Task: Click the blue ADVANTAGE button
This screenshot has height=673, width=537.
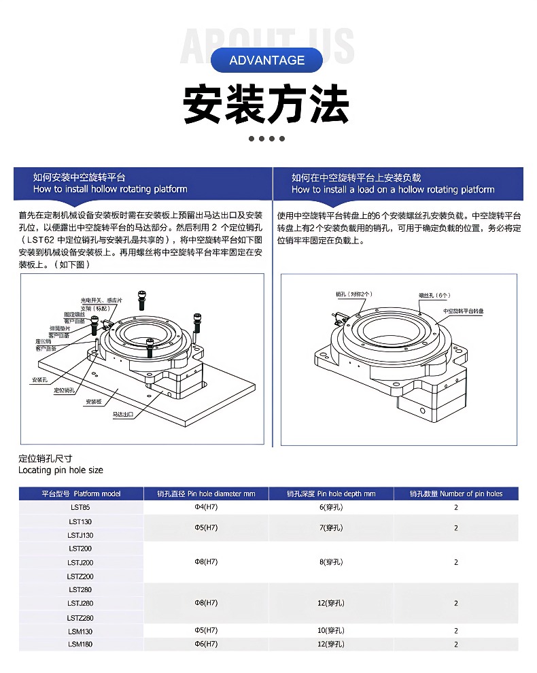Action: [266, 60]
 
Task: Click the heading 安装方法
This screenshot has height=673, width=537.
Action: [266, 105]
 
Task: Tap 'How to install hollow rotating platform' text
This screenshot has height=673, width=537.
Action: [110, 190]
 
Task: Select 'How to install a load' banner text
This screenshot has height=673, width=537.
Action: [393, 190]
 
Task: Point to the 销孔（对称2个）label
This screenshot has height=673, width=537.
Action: [354, 294]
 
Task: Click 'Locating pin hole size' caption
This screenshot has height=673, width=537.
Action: [60, 470]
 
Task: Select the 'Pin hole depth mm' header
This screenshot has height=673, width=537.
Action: [331, 494]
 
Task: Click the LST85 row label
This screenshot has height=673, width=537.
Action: [80, 507]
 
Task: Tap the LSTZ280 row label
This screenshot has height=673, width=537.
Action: [80, 618]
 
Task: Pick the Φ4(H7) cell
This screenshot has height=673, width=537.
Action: [206, 507]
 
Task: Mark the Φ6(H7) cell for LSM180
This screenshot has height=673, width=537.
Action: [206, 644]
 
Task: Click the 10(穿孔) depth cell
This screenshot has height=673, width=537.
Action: [331, 632]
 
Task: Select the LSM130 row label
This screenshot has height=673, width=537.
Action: [80, 632]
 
